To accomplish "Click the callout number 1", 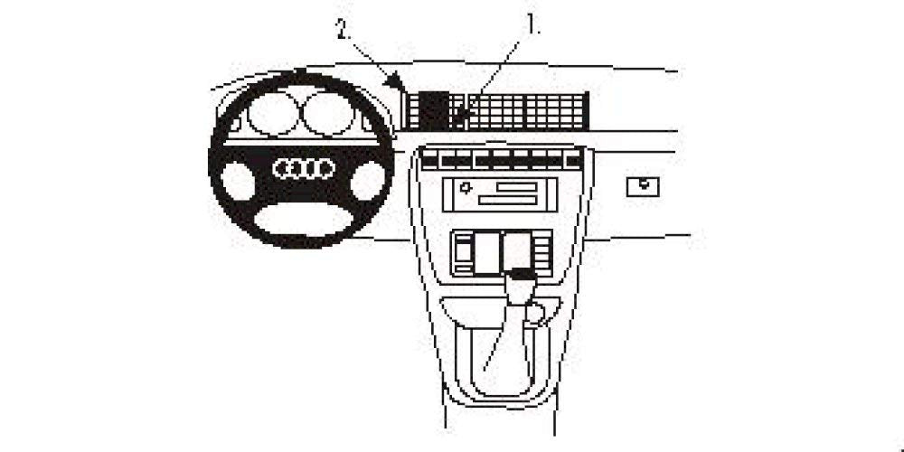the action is [531, 24].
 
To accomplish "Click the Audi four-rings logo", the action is [304, 168].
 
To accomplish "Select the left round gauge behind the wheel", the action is [273, 114].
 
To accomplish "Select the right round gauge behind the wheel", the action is [327, 114].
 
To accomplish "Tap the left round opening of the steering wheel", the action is [238, 181].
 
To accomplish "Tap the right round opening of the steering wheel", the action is [368, 181].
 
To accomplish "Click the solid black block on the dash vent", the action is [434, 110].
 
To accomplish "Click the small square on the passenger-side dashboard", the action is [643, 187].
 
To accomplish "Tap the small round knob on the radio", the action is [466, 187].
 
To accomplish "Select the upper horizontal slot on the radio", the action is [516, 187].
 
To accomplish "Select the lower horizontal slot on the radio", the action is [508, 200].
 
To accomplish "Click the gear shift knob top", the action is [522, 274].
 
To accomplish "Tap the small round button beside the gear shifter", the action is [535, 313].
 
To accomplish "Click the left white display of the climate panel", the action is [485, 252].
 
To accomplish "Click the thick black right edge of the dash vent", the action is [586, 110].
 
